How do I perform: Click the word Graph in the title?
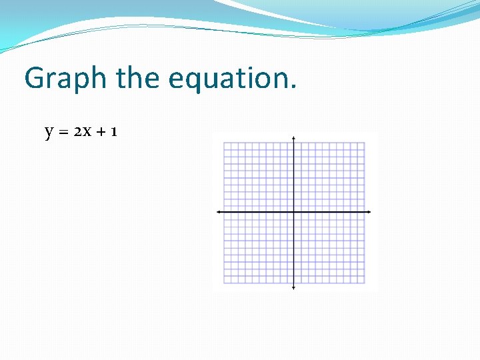point(65,79)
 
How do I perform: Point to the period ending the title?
point(293,87)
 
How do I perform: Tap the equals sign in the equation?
point(65,132)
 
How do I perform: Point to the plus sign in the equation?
point(102,132)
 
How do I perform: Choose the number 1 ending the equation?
point(115,131)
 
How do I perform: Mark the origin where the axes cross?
point(294,212)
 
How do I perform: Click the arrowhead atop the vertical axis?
point(294,138)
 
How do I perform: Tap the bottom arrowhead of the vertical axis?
point(294,287)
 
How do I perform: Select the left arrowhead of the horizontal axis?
point(219,212)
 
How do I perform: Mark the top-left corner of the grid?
point(224,142)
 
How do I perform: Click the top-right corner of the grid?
point(365,142)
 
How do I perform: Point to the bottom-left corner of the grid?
point(224,283)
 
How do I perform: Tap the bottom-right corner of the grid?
point(365,283)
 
